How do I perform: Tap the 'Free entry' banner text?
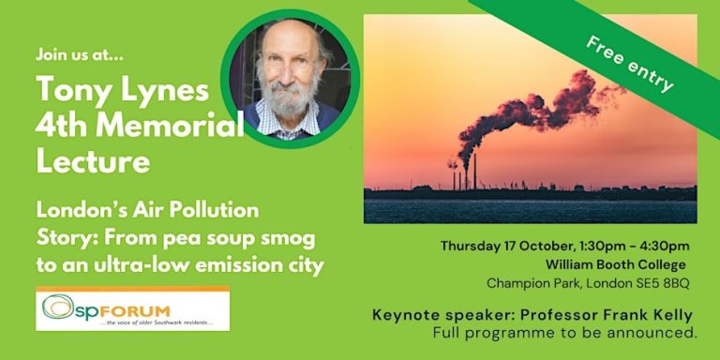coord(630,67)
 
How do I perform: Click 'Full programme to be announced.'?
coord(565,333)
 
